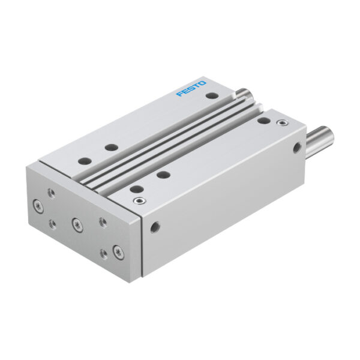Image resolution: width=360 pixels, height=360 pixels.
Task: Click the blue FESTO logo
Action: (x=191, y=89)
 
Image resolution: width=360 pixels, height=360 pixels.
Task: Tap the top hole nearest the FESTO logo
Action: (x=212, y=95)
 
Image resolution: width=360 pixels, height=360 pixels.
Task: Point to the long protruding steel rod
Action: (x=320, y=140)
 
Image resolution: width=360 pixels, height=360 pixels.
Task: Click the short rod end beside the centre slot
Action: (x=245, y=94)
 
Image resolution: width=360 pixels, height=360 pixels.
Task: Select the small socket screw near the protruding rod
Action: (x=283, y=123)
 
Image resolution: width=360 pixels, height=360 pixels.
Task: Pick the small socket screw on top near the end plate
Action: (x=140, y=201)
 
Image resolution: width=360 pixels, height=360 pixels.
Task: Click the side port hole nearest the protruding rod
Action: (x=298, y=148)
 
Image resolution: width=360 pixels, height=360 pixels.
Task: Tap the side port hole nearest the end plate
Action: (x=155, y=227)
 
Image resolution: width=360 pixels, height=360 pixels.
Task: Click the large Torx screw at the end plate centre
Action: (x=77, y=225)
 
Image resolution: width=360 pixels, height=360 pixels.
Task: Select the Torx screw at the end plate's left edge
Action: (x=38, y=206)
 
